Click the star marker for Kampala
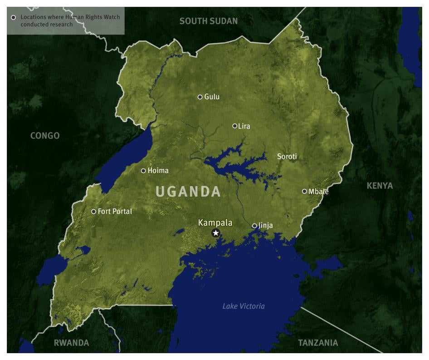point(216,233)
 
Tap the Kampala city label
point(215,223)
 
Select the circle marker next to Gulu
point(200,97)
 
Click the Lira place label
point(244,126)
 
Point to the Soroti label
point(287,157)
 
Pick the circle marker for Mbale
point(305,191)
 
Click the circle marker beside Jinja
point(254,226)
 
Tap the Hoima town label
point(158,171)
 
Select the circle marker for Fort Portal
point(94,212)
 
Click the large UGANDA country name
point(188,192)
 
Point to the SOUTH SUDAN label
point(209,21)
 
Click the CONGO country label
point(45,136)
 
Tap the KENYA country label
point(380,186)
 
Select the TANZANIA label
point(318,343)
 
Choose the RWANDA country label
point(71,343)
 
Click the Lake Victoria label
point(244,306)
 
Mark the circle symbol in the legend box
point(14,17)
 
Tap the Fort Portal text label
point(115,212)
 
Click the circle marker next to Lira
point(235,126)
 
